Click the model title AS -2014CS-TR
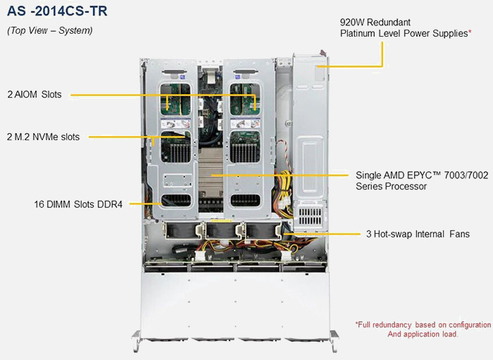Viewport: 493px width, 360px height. pyautogui.click(x=57, y=11)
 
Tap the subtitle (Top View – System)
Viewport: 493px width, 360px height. pyautogui.click(x=50, y=30)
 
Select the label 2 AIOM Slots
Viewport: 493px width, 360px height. pyautogui.click(x=35, y=94)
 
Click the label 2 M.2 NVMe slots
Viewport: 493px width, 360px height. pyautogui.click(x=43, y=137)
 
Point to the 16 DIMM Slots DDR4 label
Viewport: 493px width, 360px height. pyautogui.click(x=78, y=204)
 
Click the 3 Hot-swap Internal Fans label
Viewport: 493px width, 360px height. pyautogui.click(x=418, y=234)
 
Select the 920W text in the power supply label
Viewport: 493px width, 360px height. pyautogui.click(x=352, y=23)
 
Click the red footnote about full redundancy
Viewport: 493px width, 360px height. pyautogui.click(x=423, y=329)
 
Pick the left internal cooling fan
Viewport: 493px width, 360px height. pyautogui.click(x=182, y=231)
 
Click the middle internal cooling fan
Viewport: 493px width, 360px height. pyautogui.click(x=223, y=231)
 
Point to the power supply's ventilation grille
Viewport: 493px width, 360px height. pyautogui.click(x=310, y=216)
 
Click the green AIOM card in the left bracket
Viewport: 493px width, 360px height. pyautogui.click(x=175, y=99)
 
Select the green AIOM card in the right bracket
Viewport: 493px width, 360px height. pyautogui.click(x=245, y=99)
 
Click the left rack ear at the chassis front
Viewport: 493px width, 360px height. pyautogui.click(x=136, y=340)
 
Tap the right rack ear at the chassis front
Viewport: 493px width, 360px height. pyautogui.click(x=335, y=340)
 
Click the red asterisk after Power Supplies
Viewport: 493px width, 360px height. pyautogui.click(x=470, y=32)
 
